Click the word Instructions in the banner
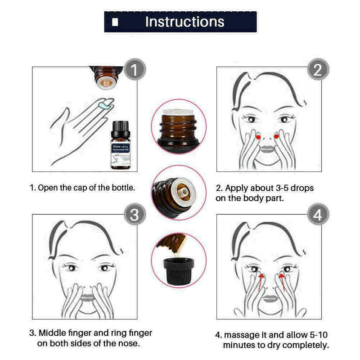184,21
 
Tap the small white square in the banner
116,22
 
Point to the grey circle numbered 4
318,215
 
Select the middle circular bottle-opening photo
179,192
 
